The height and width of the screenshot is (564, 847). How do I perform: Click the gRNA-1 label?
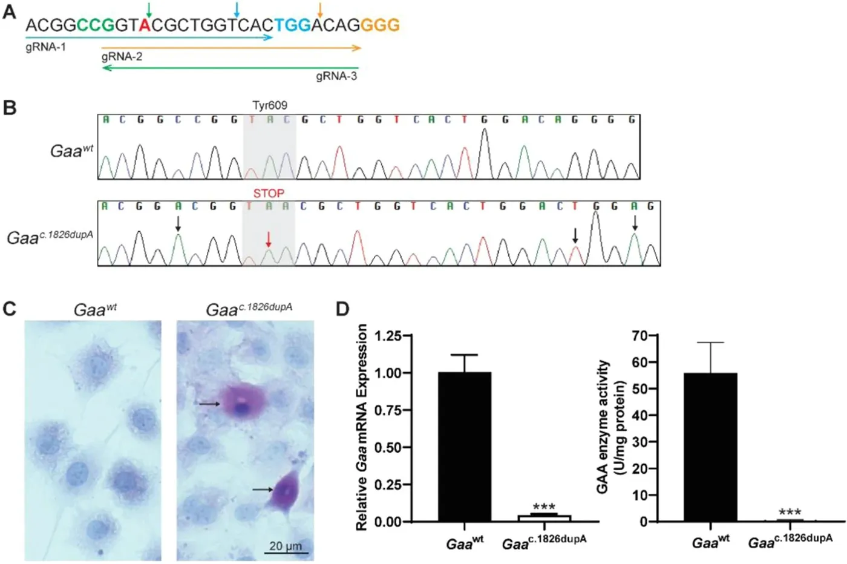point(45,47)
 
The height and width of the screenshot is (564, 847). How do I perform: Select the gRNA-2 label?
point(122,57)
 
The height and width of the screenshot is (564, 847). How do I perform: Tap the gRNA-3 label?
point(336,76)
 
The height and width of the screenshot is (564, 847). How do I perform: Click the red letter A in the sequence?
point(145,25)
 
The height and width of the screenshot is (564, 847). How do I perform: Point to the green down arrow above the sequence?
point(149,8)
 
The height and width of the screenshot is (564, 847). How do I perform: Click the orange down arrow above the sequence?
point(320,8)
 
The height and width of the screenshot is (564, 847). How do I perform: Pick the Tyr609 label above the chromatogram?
point(269,105)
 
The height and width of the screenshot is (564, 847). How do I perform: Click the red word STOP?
point(269,194)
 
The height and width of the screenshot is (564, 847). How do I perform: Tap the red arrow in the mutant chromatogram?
point(269,240)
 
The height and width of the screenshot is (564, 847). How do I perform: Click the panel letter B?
point(10,108)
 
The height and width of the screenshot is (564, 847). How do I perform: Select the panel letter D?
point(342,309)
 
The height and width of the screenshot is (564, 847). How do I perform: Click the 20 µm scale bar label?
point(286,546)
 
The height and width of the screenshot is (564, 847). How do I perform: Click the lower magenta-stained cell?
point(284,490)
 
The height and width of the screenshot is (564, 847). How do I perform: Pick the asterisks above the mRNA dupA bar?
point(544,507)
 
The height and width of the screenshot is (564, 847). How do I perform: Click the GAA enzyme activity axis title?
point(610,427)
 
